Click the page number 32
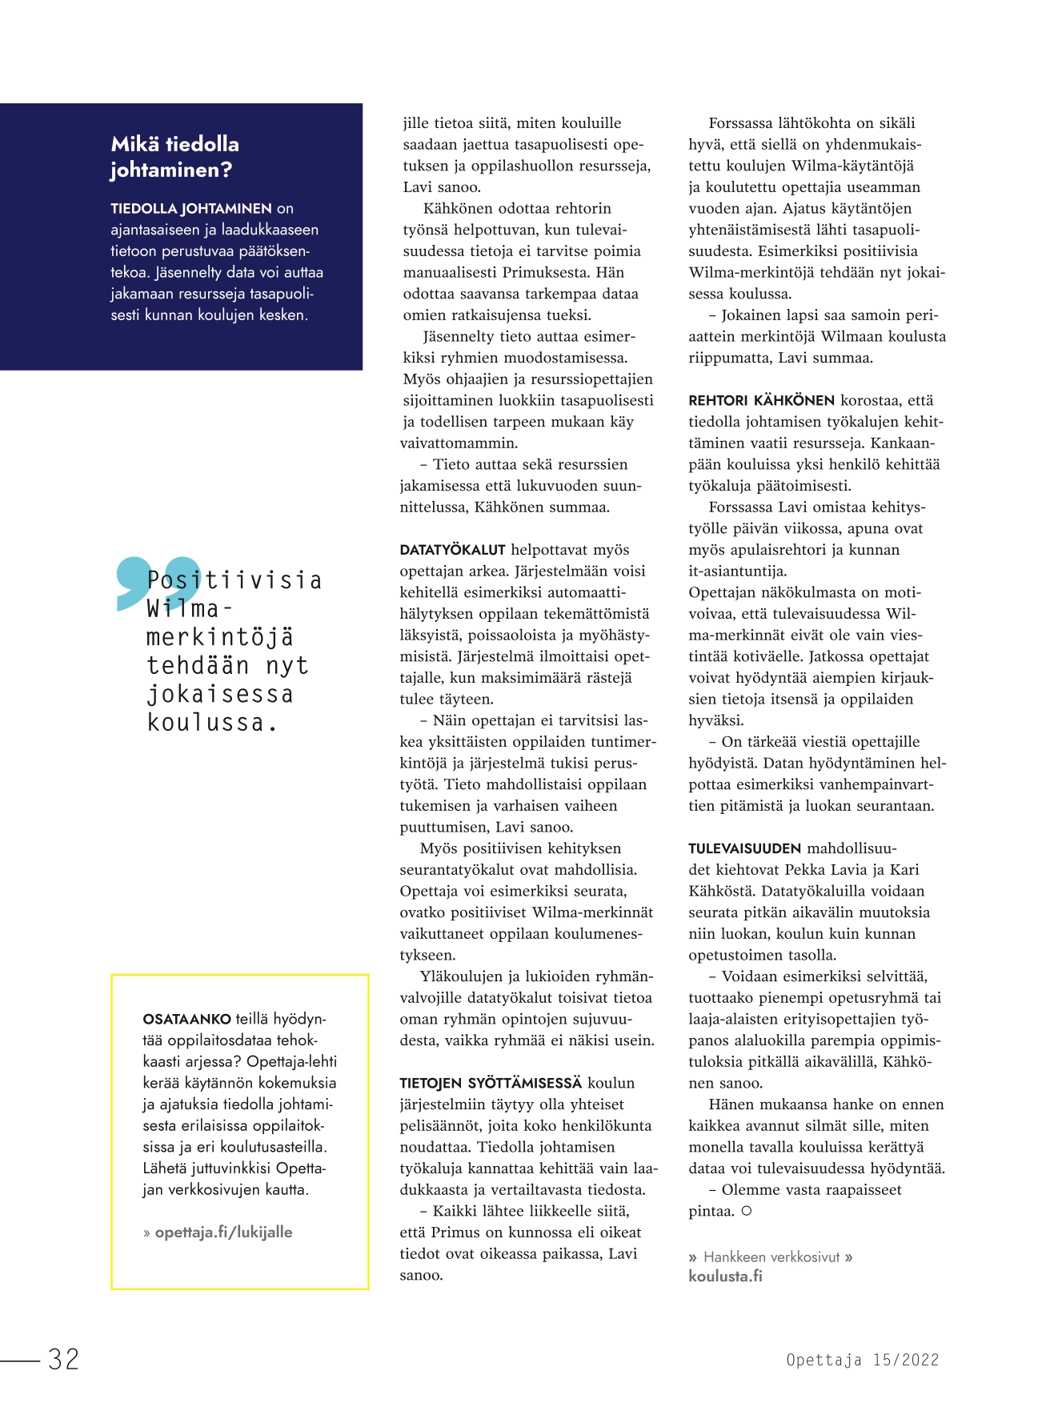click(63, 1359)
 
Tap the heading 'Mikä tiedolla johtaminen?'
click(175, 157)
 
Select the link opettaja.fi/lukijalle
click(223, 1232)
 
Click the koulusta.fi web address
click(725, 1276)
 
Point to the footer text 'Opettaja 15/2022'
click(862, 1360)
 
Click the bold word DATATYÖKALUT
click(452, 550)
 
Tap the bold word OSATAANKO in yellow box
click(186, 1020)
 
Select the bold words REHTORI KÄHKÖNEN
click(761, 400)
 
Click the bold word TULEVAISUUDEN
click(744, 848)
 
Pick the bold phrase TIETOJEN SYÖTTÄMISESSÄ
click(491, 1084)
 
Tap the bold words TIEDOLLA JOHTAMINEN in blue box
click(191, 209)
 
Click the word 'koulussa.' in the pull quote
click(213, 723)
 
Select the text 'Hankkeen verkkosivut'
click(771, 1257)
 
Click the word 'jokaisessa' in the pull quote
click(220, 694)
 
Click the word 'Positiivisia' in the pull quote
click(234, 579)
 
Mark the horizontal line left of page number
click(20, 1360)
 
